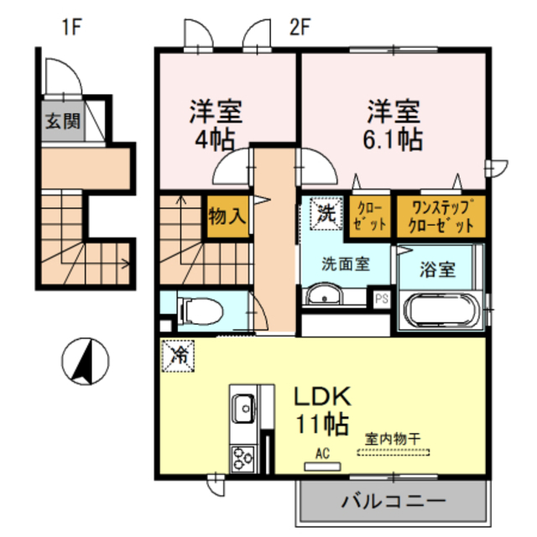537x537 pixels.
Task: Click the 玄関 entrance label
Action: point(63,120)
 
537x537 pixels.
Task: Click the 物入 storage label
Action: point(228,215)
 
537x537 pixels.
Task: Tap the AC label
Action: point(322,454)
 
